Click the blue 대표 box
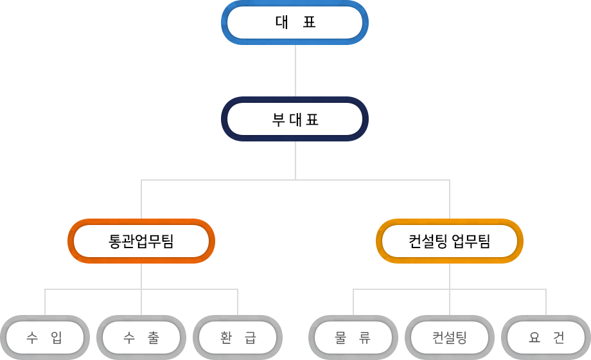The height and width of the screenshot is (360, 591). tap(294, 22)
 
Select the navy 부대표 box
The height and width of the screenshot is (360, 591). tap(294, 119)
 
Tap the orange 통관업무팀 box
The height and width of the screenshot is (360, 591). tap(141, 241)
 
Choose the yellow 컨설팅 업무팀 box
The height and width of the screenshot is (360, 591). tap(449, 241)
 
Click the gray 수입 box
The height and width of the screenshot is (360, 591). tap(45, 337)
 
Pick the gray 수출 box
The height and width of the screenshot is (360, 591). tap(141, 337)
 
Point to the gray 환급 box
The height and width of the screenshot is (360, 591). tap(237, 337)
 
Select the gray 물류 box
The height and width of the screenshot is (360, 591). tap(353, 337)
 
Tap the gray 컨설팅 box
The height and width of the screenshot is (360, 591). tap(449, 337)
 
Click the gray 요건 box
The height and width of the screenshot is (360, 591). tap(545, 337)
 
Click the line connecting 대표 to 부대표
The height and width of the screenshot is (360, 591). tap(295, 71)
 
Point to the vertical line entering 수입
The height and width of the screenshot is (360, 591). tap(45, 302)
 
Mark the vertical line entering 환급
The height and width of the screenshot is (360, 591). tap(238, 302)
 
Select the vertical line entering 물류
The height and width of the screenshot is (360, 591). tap(353, 302)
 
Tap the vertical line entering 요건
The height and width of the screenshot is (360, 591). tap(546, 302)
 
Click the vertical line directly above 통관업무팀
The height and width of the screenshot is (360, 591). tap(141, 199)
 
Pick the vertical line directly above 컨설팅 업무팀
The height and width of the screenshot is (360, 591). tap(450, 199)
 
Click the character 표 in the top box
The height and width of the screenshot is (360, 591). tap(309, 22)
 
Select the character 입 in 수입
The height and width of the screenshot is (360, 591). tap(57, 337)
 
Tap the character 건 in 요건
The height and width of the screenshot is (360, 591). tap(558, 337)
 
